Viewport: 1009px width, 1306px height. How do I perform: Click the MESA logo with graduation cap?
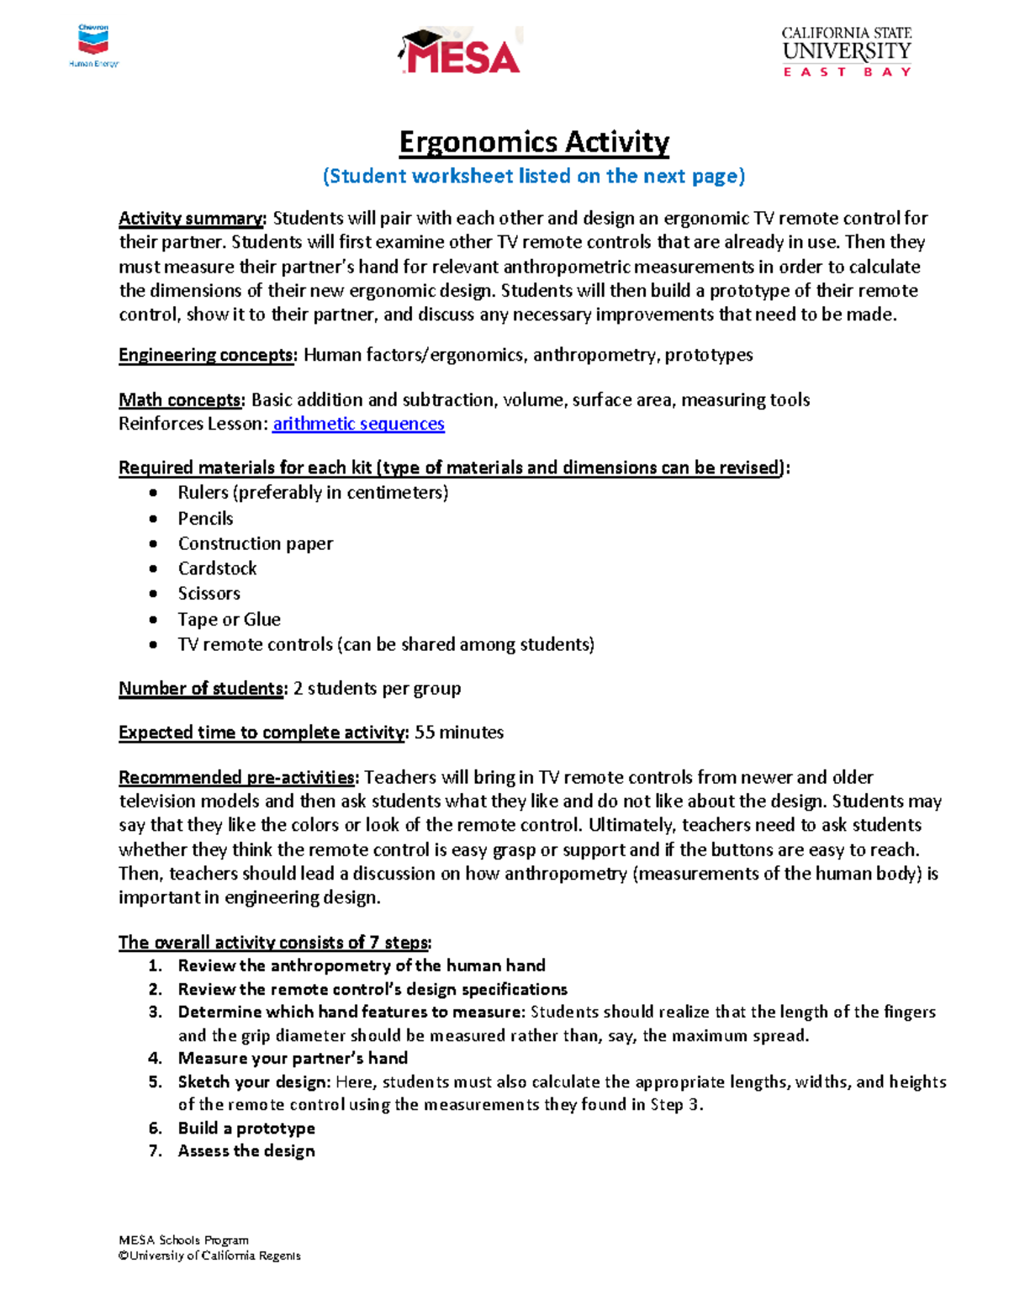[460, 52]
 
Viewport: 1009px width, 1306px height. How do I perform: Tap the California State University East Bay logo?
[846, 52]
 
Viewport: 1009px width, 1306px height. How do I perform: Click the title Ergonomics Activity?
[534, 141]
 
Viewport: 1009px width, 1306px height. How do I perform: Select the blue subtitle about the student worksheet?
[534, 176]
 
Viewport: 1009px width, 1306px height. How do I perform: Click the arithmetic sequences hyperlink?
[358, 424]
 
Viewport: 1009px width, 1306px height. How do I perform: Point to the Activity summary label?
[192, 219]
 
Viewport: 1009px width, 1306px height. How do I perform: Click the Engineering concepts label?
[207, 355]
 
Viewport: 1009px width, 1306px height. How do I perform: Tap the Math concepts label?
[182, 399]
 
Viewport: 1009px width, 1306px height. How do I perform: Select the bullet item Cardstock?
[217, 568]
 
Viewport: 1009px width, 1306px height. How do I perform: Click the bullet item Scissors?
[209, 594]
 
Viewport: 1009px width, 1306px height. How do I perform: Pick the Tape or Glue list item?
[229, 620]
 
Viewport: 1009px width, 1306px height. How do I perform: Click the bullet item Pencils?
[205, 519]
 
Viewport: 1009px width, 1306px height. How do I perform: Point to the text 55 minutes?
[459, 732]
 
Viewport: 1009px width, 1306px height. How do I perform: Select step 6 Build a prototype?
[246, 1129]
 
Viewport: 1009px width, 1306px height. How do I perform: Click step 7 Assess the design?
[246, 1151]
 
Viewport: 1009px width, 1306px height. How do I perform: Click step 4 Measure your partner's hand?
[292, 1058]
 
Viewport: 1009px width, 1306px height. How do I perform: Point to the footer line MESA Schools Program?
[183, 1240]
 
